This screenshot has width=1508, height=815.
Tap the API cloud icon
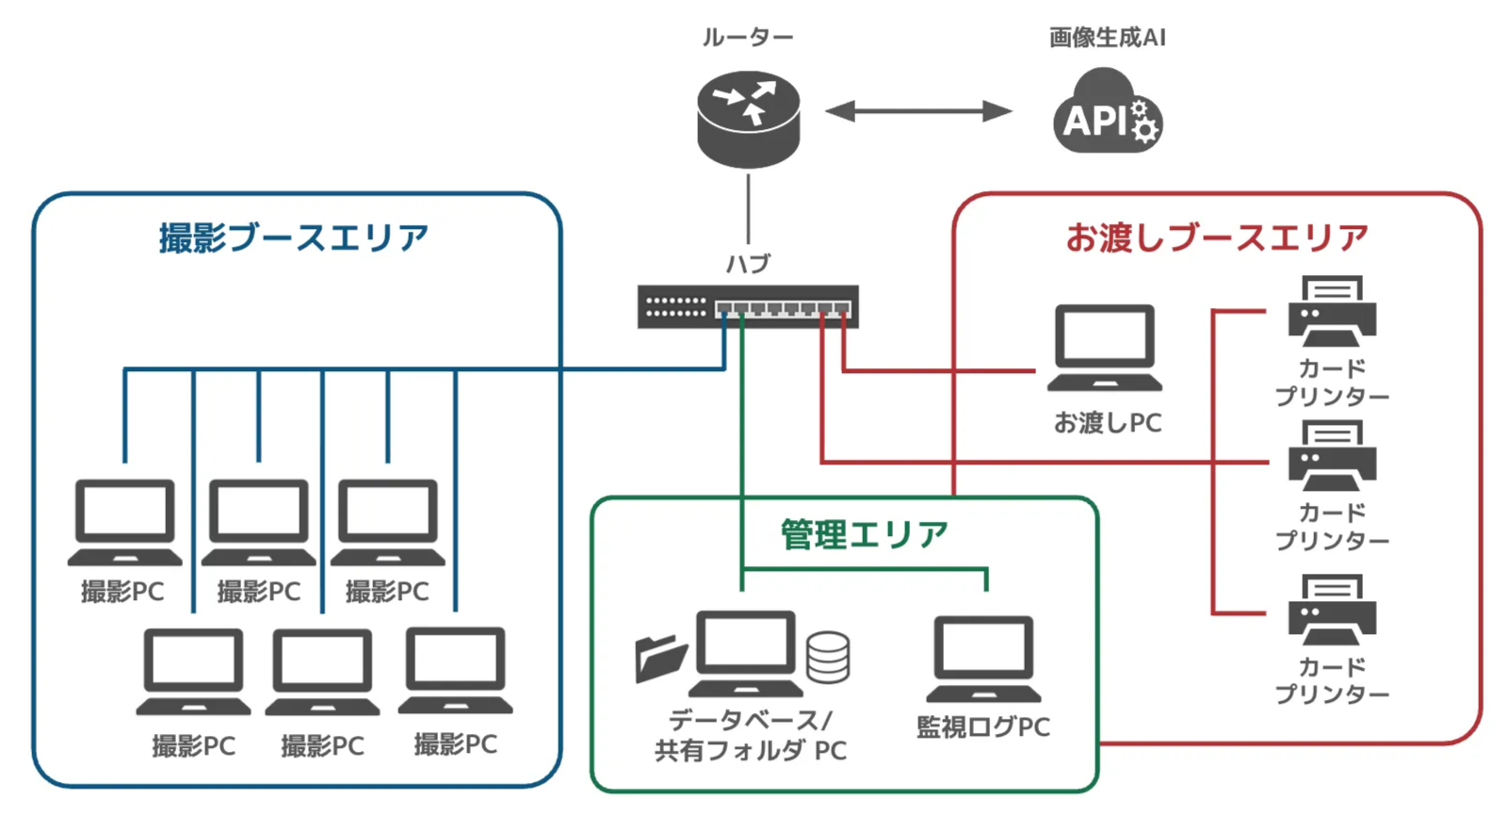1107,115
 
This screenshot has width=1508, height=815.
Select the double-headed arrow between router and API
918,111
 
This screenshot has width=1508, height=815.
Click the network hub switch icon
748,306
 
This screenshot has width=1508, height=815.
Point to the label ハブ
748,264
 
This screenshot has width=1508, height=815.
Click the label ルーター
748,38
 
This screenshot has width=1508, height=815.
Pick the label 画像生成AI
1107,38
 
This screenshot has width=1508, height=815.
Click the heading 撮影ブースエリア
293,237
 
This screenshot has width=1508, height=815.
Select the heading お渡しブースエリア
1216,237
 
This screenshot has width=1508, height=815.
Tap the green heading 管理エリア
864,534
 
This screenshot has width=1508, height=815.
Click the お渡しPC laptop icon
1105,348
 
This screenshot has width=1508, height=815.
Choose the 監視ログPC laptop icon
983,659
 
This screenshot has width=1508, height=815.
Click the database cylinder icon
828,656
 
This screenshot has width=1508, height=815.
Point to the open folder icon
660,657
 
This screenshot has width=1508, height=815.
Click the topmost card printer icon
1332,310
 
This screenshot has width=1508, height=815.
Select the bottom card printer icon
1332,610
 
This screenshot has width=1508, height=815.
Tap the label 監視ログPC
983,727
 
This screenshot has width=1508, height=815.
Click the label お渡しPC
1107,423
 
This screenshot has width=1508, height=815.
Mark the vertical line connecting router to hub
748,209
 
